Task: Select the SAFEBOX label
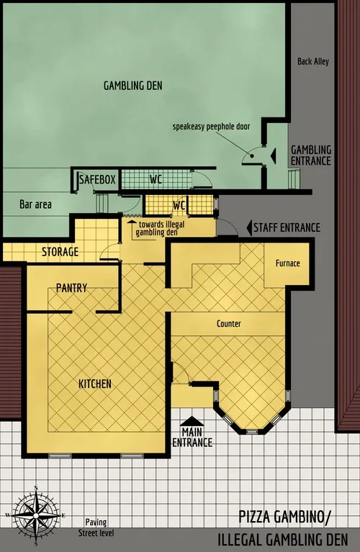point(96,178)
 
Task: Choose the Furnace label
point(287,263)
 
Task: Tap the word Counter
point(228,324)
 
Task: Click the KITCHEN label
point(94,384)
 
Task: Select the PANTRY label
point(71,288)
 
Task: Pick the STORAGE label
point(60,252)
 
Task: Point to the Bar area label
point(35,204)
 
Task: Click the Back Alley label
point(312,61)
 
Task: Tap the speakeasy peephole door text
point(211,126)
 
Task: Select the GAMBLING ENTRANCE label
point(310,155)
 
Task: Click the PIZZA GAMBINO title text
point(294,516)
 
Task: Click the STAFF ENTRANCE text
point(286,227)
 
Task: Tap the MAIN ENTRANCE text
point(192,438)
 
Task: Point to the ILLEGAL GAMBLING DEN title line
point(284,538)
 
